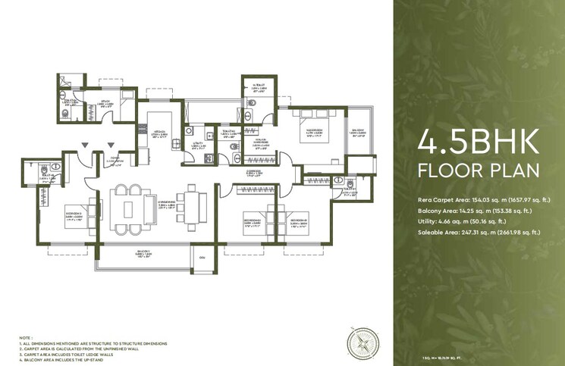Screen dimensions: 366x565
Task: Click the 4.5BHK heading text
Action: pos(479,142)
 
